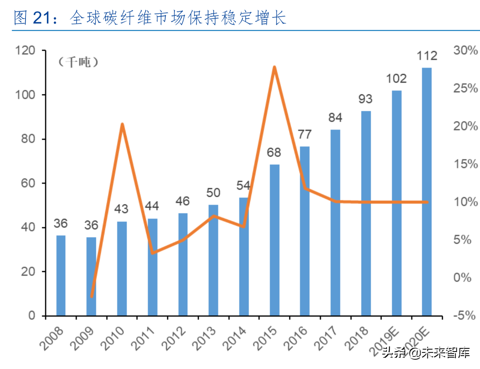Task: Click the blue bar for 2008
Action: [61, 275]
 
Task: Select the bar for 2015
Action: [274, 240]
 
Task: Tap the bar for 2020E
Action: [427, 191]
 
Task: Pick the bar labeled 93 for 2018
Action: [366, 213]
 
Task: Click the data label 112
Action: [427, 56]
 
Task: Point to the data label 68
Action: [274, 153]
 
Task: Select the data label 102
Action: [396, 78]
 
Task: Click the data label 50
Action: [213, 193]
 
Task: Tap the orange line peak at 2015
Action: [274, 67]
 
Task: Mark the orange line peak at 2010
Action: [122, 124]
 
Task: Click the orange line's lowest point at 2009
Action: [92, 297]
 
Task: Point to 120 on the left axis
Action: [25, 51]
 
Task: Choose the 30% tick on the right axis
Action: [465, 51]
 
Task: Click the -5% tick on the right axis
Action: [465, 316]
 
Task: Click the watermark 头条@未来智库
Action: [425, 352]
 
